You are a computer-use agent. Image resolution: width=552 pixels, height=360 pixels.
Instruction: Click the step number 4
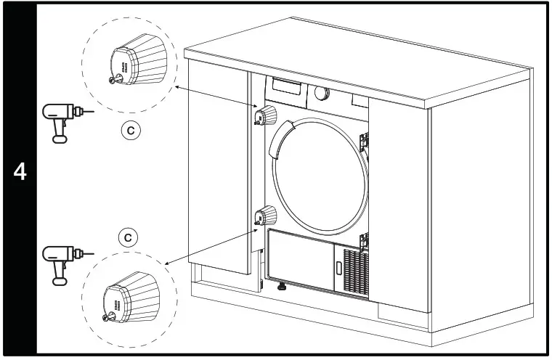click(x=20, y=173)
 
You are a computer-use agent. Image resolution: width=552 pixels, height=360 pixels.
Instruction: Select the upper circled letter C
click(x=130, y=131)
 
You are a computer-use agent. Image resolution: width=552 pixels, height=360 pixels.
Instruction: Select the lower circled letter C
click(x=128, y=237)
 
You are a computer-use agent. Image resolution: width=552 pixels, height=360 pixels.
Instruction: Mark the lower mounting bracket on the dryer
click(x=266, y=216)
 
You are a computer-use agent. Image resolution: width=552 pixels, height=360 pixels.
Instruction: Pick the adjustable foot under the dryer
click(x=281, y=288)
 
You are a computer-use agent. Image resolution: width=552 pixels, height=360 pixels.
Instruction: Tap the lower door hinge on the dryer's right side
click(x=365, y=240)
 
